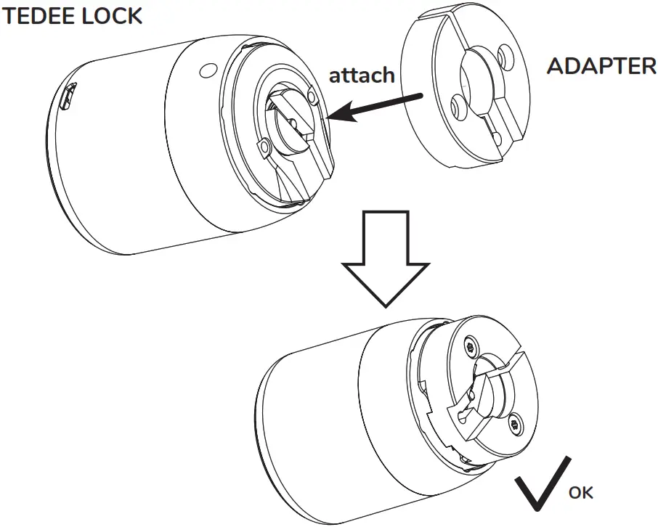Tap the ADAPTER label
point(601,67)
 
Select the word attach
point(362,75)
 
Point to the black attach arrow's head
point(336,116)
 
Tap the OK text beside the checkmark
point(580,493)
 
